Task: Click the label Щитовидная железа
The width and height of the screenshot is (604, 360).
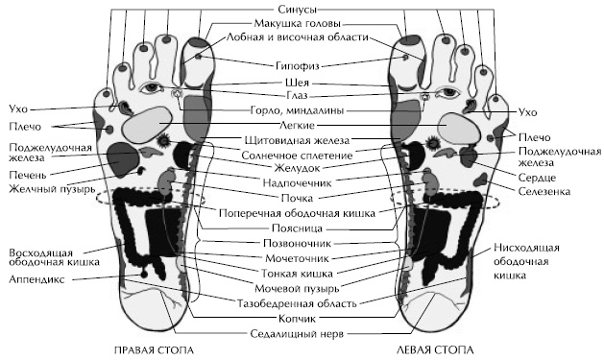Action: [302, 141]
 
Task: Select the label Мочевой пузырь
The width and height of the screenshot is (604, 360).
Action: [302, 288]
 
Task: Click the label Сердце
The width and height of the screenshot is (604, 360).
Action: [536, 177]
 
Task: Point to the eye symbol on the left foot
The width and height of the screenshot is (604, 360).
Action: [447, 92]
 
